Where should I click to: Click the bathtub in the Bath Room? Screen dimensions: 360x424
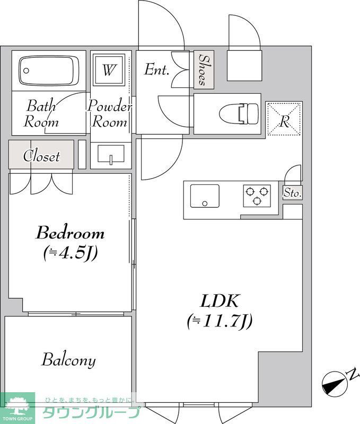(49, 70)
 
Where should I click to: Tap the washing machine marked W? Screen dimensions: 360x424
(109, 69)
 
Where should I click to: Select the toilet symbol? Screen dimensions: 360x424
(239, 114)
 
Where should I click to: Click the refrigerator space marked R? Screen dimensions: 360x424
(284, 118)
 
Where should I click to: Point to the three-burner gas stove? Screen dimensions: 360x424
(257, 196)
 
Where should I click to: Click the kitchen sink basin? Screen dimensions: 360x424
(205, 196)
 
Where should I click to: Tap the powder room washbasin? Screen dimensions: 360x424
(111, 154)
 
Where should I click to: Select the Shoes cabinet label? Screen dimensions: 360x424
(204, 69)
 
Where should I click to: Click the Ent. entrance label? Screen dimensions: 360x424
(156, 69)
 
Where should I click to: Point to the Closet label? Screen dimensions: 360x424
(41, 156)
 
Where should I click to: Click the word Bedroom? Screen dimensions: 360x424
(70, 233)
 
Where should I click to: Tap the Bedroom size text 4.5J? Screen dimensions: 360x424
(71, 254)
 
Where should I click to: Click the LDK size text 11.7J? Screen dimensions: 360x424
(219, 321)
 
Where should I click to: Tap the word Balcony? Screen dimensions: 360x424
(69, 360)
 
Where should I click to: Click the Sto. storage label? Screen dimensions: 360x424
(292, 193)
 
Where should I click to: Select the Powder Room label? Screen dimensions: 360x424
(110, 114)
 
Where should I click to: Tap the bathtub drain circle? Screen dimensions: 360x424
(26, 71)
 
